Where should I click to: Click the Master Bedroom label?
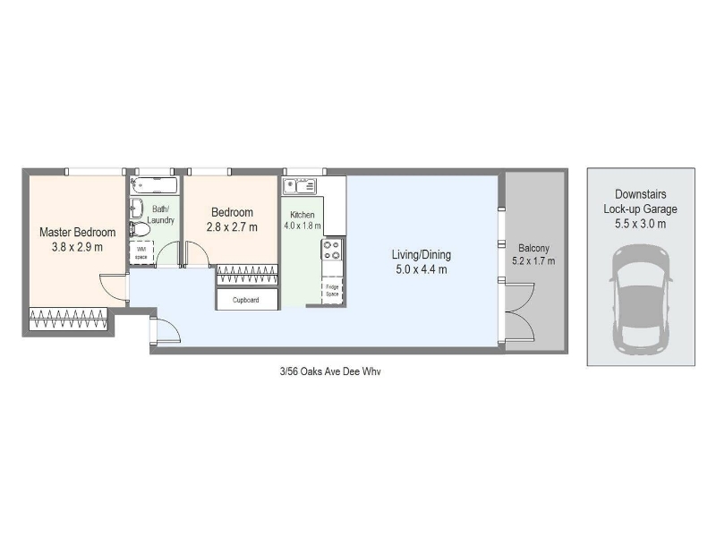click(x=77, y=232)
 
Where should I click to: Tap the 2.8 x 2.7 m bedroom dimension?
click(x=232, y=227)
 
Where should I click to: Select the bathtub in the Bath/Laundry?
click(x=154, y=185)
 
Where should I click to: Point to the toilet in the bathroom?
click(x=140, y=229)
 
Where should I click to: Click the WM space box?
click(x=141, y=252)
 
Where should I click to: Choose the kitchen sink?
click(x=300, y=186)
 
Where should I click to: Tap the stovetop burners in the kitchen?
click(x=332, y=250)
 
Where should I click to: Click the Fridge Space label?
click(x=332, y=290)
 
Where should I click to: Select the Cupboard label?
click(x=245, y=300)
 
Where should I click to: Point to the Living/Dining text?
click(x=422, y=254)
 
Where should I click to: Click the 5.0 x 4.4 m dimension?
click(x=422, y=269)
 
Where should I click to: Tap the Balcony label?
click(x=533, y=249)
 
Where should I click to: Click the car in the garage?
click(x=641, y=300)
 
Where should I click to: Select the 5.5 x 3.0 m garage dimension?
click(x=640, y=224)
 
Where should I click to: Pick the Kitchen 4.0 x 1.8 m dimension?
click(x=303, y=226)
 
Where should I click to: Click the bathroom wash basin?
click(x=136, y=209)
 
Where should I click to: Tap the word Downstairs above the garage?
click(x=640, y=194)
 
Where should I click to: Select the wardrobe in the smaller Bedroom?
click(x=247, y=275)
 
